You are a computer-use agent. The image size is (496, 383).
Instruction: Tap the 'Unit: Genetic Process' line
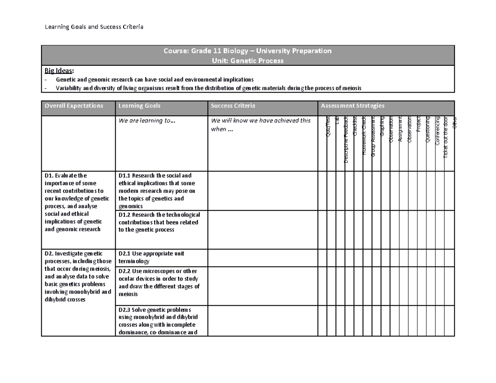[x=248, y=61]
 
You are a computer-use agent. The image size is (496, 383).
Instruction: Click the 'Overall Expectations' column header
[x=74, y=106]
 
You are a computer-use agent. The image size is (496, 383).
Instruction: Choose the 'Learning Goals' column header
[x=139, y=106]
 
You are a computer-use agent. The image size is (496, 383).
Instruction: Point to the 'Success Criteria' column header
[x=233, y=106]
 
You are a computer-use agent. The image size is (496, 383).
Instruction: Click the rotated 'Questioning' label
[x=428, y=130]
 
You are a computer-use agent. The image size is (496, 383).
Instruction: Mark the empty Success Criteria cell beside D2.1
[x=262, y=257]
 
